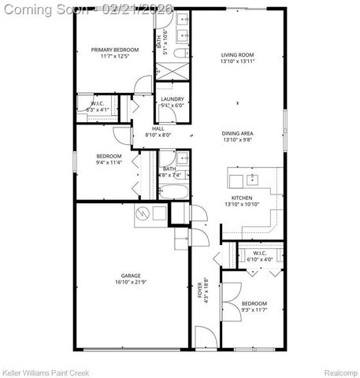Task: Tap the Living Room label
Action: [237, 54]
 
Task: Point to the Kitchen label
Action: [241, 198]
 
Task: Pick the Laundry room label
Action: [173, 99]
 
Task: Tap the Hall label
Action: [158, 128]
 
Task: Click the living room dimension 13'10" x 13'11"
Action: [237, 61]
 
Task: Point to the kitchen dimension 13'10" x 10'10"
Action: [241, 205]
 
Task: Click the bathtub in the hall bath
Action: [170, 192]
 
